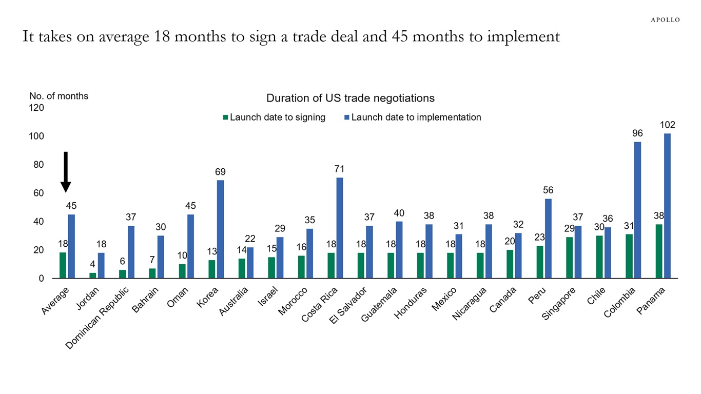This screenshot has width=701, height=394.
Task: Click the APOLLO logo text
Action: [x=665, y=20]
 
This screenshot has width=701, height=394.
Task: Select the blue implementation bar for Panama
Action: [x=667, y=206]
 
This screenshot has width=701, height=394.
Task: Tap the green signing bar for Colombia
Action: [x=629, y=256]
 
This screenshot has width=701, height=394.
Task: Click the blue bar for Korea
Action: [x=220, y=229]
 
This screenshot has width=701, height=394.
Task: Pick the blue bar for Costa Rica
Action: [x=339, y=228]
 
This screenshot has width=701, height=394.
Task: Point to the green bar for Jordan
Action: [x=92, y=275]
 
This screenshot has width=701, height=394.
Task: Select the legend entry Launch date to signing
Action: [x=274, y=117]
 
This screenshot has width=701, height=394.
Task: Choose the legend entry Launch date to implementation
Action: [x=413, y=117]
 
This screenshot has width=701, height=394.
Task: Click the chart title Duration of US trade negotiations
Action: [x=350, y=98]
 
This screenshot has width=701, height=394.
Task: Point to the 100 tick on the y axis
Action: [x=36, y=136]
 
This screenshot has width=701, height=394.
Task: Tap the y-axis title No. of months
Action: [x=59, y=96]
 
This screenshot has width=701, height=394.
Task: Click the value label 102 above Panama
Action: [x=667, y=125]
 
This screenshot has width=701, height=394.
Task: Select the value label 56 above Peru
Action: [x=548, y=190]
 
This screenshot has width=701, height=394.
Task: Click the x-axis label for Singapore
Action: [x=559, y=304]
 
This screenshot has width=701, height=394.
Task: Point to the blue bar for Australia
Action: [x=250, y=263]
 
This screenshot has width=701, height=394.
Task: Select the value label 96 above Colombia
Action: [x=637, y=133]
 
